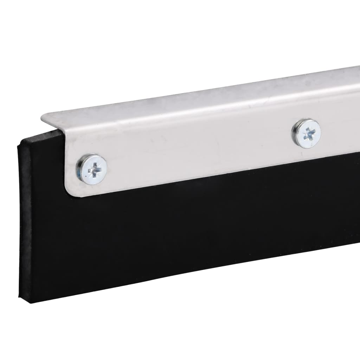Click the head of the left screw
(92, 168)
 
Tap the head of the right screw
(306, 133)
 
